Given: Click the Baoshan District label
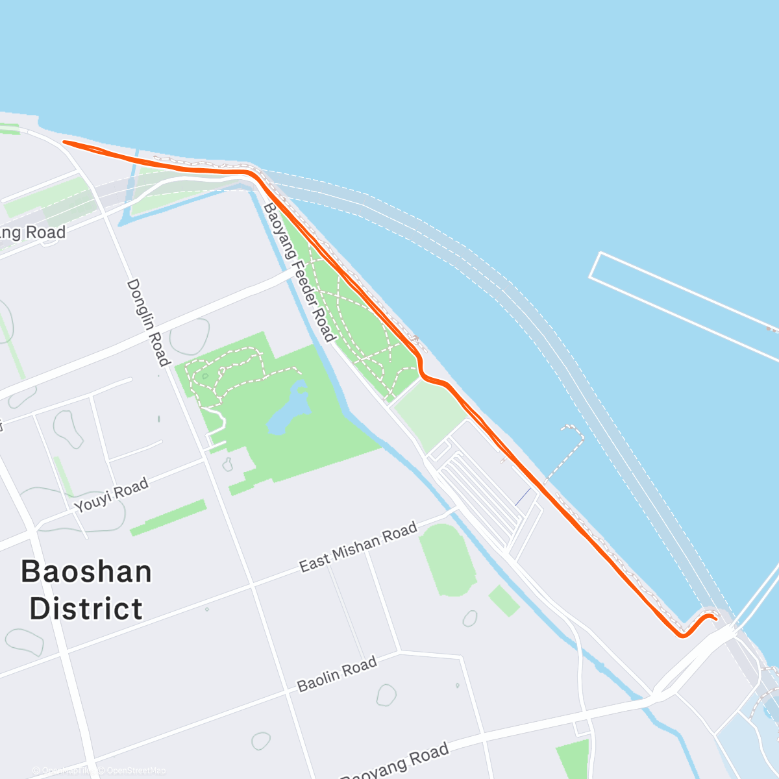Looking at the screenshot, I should tap(86, 590).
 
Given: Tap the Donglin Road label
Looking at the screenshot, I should tap(148, 323).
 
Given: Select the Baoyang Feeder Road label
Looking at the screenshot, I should tap(299, 273).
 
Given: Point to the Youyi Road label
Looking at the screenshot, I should tap(111, 495).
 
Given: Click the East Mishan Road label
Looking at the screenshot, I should tap(358, 547).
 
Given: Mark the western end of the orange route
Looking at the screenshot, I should tap(64, 142).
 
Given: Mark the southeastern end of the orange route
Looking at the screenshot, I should tap(715, 619).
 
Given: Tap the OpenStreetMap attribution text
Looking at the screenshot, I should tap(136, 771).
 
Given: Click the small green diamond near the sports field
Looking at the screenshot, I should tap(504, 600).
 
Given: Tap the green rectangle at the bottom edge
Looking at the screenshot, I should tap(572, 760).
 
